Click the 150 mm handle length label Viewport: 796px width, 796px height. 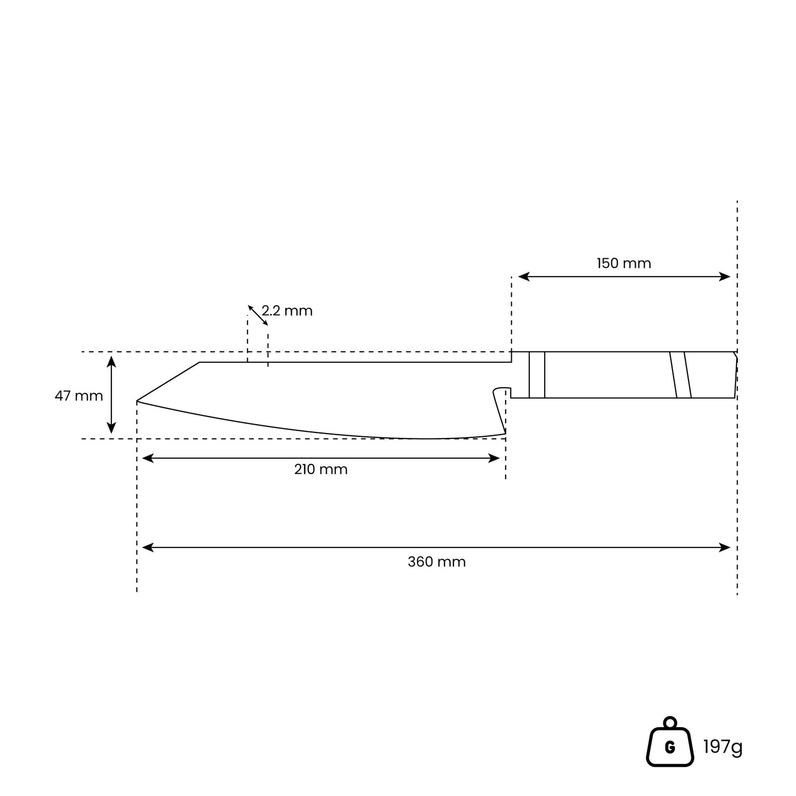[624, 263]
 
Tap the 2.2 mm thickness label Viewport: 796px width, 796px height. [287, 311]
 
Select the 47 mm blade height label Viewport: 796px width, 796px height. [79, 396]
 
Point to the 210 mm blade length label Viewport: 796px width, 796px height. [321, 469]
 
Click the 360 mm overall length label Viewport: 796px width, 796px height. [437, 562]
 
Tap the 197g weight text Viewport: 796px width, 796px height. [723, 746]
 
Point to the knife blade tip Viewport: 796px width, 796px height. [137, 401]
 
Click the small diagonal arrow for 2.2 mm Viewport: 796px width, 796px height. [258, 315]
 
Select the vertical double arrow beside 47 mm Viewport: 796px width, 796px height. [111, 395]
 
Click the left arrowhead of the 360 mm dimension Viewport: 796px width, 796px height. [148, 548]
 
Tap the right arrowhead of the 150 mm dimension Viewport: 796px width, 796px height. [724, 277]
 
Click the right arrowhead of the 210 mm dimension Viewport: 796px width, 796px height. [494, 458]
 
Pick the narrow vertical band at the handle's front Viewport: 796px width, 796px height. [537, 375]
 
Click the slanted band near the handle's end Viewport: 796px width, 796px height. [680, 375]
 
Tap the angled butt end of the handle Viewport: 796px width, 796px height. [736, 375]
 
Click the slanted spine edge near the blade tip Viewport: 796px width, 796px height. [168, 382]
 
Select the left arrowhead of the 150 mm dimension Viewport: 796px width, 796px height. [524, 277]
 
